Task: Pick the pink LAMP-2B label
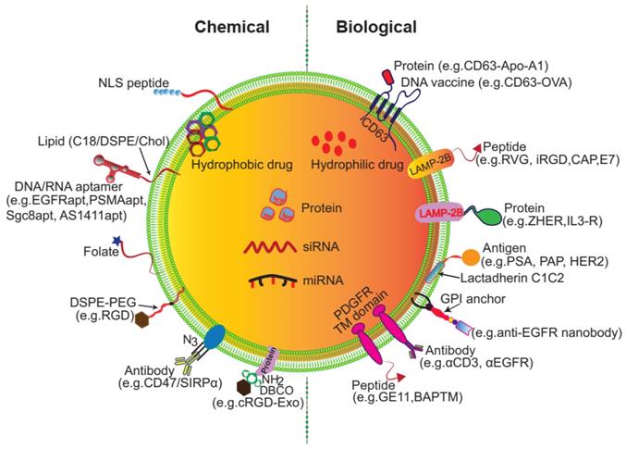[x=443, y=214]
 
